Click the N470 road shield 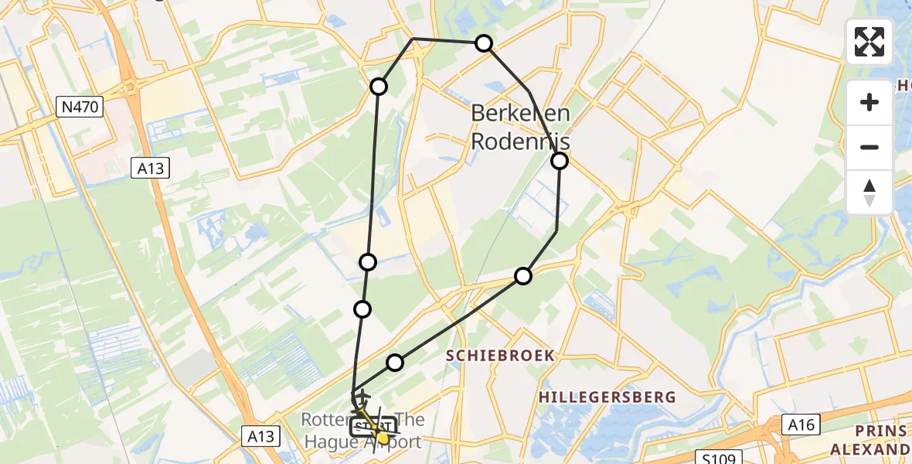pos(80,107)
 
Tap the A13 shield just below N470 pos(150,169)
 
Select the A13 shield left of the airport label pos(260,436)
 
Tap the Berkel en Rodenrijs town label pos(521,128)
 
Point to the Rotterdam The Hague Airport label pos(362,431)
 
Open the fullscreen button pos(869,42)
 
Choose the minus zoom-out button pos(869,147)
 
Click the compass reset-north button pos(869,192)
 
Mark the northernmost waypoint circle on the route pos(484,43)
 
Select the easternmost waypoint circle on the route pos(559,161)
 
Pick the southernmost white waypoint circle pos(395,362)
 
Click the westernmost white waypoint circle pos(362,309)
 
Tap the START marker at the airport pos(373,426)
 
